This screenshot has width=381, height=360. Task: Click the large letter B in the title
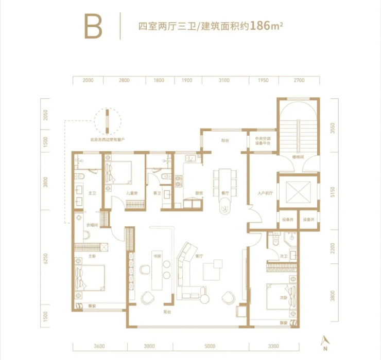[94, 26]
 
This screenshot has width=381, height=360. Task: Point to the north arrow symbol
[325, 340]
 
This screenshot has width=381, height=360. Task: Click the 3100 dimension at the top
[223, 80]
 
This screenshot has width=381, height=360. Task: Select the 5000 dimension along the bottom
[210, 346]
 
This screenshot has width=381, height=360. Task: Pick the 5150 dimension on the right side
[333, 192]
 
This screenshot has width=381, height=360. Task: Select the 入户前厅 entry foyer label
[264, 194]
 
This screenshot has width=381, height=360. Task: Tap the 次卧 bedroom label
[283, 256]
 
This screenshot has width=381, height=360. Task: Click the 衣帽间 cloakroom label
[92, 225]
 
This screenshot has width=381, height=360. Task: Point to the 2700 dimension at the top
[299, 80]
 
